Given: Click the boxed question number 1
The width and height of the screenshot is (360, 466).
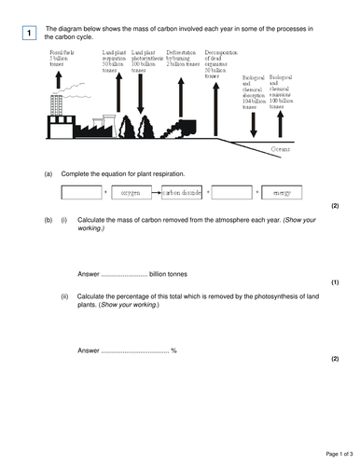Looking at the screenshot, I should [29, 34].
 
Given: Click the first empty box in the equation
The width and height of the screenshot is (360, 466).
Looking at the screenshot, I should [81, 193].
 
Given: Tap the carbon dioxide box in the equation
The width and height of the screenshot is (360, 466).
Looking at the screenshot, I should [183, 193].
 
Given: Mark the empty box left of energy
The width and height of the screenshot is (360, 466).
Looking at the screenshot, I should [234, 193].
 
